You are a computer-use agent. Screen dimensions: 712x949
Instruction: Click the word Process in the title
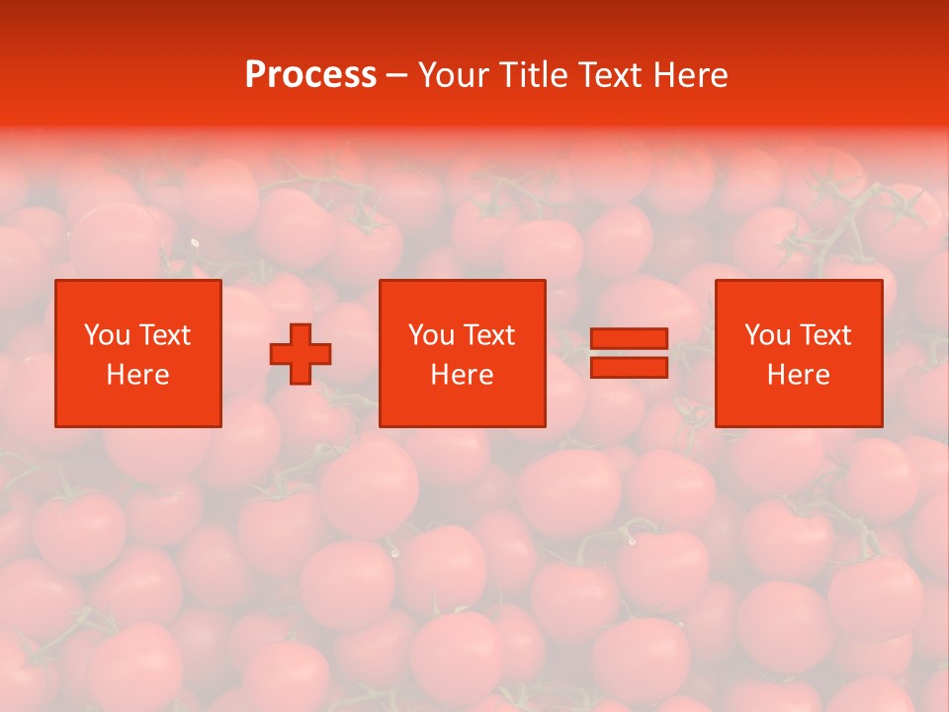310,75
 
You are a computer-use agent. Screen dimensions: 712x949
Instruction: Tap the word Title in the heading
535,75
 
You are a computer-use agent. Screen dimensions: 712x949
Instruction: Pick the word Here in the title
692,75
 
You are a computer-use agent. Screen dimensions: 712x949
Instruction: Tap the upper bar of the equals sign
629,338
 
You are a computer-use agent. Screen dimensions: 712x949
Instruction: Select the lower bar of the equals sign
629,367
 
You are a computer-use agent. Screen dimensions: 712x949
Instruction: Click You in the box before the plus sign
107,335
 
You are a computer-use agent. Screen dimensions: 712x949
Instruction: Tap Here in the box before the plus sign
137,375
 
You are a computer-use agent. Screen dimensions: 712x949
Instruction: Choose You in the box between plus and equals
431,335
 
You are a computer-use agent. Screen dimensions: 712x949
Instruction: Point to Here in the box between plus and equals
462,375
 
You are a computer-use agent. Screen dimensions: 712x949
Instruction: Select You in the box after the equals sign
767,335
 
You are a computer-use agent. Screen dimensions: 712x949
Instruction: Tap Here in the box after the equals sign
798,375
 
